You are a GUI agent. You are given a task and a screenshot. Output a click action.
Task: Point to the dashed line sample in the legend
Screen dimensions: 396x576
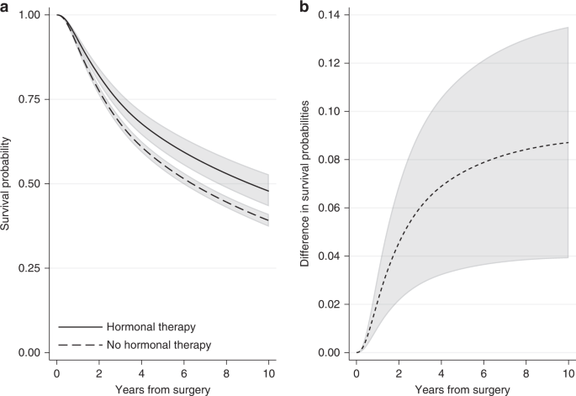(77, 345)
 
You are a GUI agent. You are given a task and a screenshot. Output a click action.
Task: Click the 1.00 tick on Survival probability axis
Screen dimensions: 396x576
(29, 16)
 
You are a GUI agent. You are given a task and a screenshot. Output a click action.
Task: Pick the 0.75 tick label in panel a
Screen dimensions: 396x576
(29, 100)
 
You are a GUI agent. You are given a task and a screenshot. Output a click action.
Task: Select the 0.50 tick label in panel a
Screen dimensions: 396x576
(29, 184)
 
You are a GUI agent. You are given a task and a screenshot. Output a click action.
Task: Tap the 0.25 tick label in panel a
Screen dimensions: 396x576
(29, 268)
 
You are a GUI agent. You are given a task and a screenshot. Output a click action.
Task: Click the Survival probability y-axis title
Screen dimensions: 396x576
(8, 183)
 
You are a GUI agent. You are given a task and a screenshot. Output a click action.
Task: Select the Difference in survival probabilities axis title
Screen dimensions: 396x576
(308, 183)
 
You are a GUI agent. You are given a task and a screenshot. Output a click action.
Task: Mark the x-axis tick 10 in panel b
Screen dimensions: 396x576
(568, 370)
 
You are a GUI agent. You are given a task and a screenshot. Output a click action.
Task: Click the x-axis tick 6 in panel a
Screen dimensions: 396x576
(184, 370)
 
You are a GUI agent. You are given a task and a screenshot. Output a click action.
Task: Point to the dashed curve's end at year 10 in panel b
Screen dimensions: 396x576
(568, 143)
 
